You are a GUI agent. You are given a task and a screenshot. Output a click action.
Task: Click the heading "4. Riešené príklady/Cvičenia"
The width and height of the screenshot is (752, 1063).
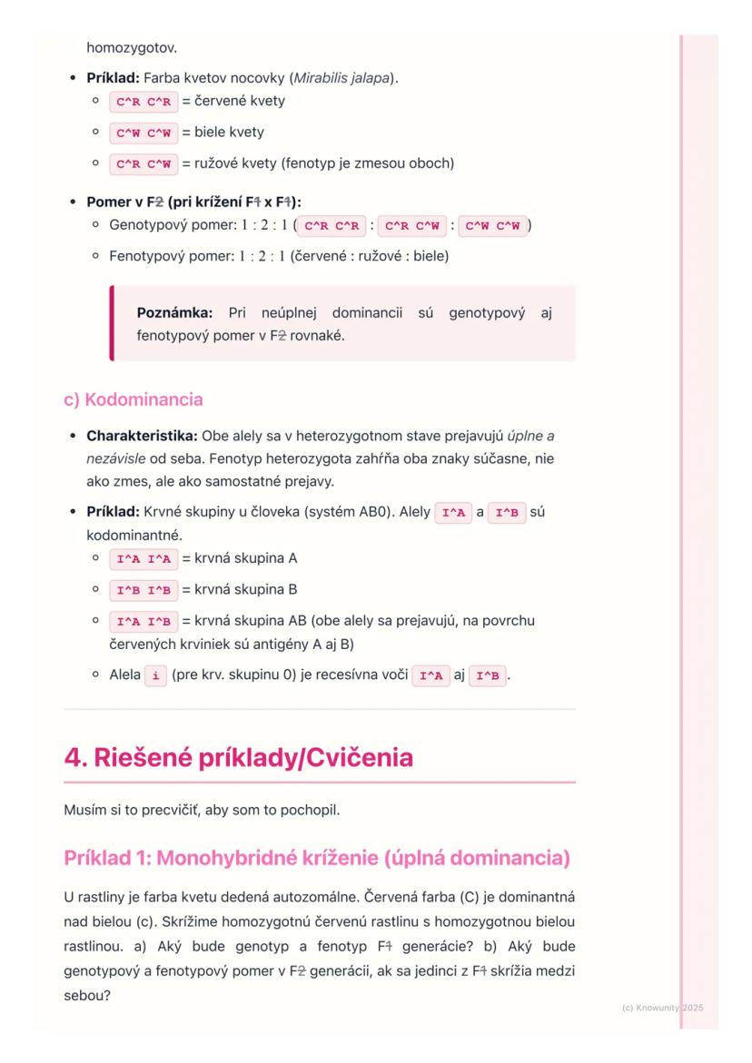coord(238,757)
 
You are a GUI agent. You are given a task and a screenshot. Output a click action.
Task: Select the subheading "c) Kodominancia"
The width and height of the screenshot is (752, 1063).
coord(134,399)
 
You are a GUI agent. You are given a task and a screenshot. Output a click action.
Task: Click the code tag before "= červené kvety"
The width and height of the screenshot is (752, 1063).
coord(143,102)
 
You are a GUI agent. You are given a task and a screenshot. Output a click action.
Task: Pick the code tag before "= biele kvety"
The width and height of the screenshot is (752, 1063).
coord(143,133)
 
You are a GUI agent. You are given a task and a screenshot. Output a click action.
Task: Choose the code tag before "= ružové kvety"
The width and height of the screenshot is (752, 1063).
coord(143,164)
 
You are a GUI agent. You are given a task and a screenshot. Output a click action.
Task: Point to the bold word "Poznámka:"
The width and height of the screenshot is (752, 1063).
coord(174,313)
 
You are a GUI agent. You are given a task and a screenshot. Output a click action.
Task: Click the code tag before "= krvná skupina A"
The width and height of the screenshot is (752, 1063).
coord(143,558)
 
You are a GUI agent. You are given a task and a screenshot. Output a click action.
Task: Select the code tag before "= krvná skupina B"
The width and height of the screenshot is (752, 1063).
coord(143,590)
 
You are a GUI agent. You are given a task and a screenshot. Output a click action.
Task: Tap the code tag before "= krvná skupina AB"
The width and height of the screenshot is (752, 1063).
coord(143,622)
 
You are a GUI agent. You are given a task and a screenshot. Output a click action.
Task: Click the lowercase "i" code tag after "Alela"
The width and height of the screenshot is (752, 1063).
coord(155,676)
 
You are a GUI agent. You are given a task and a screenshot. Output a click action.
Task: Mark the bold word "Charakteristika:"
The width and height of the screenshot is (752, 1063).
coord(142,435)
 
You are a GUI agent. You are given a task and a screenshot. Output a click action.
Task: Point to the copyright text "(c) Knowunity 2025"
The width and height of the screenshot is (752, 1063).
coord(662,1008)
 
